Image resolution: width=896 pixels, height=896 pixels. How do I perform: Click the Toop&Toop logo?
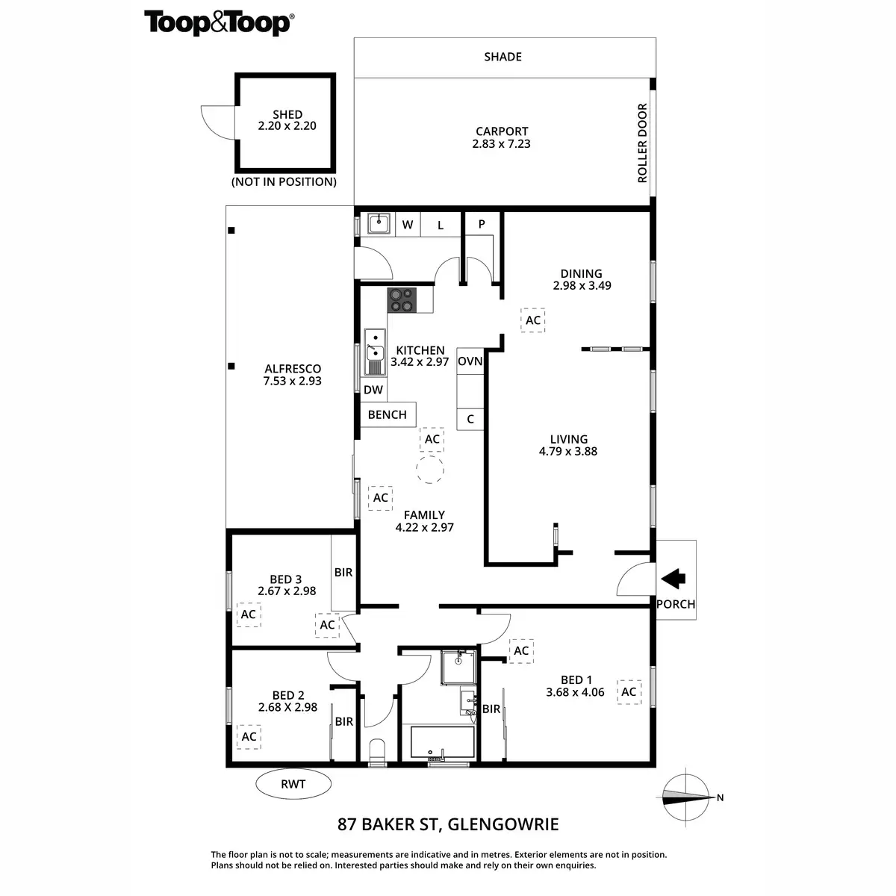click(x=218, y=22)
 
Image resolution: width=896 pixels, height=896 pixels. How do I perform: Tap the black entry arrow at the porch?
click(x=674, y=577)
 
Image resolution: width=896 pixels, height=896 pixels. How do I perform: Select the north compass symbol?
click(x=685, y=797)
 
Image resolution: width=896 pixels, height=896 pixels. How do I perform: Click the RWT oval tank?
click(x=293, y=784)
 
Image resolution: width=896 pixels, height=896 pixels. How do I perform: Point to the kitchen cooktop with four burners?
click(x=400, y=300)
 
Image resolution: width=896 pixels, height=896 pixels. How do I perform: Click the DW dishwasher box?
click(x=373, y=390)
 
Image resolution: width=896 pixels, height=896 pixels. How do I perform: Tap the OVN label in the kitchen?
click(x=470, y=361)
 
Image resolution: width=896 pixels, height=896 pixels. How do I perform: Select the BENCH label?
click(x=388, y=414)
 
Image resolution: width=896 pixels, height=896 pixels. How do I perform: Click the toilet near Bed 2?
click(x=377, y=751)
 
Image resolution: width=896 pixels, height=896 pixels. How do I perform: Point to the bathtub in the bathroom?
click(x=442, y=743)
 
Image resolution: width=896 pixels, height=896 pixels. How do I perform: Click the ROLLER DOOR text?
click(x=642, y=143)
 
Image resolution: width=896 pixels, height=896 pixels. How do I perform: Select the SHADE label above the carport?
click(x=503, y=57)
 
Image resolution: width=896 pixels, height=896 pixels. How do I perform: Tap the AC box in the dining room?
click(x=532, y=320)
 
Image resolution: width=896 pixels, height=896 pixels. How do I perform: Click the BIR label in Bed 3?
click(x=343, y=573)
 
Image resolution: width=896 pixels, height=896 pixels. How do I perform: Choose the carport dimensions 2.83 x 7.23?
click(x=501, y=143)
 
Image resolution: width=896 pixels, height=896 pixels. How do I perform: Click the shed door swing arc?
click(x=217, y=122)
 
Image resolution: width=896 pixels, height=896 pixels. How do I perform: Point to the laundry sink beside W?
click(x=380, y=223)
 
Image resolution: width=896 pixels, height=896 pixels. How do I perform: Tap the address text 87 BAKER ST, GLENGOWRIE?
click(x=448, y=824)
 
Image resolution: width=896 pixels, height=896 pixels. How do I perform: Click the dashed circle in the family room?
click(x=429, y=470)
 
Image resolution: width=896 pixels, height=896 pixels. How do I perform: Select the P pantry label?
click(x=482, y=224)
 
